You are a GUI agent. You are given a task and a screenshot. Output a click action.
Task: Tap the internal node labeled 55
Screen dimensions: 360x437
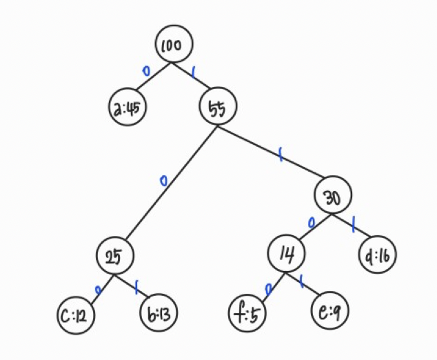[218, 108]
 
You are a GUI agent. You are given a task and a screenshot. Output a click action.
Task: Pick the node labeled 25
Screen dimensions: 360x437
[114, 255]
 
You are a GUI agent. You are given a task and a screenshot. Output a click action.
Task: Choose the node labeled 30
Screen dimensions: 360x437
[333, 198]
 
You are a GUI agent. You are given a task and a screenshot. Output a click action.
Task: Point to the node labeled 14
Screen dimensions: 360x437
[287, 254]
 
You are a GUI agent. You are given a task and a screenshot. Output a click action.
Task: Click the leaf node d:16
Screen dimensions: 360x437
[378, 256]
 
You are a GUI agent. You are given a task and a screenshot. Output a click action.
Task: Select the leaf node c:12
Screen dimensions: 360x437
[76, 316]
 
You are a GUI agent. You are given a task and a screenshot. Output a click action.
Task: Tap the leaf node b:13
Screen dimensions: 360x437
[159, 315]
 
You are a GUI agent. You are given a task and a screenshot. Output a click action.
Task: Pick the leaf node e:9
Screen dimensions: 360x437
[328, 312]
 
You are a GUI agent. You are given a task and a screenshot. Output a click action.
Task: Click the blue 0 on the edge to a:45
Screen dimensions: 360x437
[145, 71]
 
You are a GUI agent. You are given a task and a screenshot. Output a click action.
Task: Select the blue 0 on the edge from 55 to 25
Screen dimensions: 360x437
[163, 181]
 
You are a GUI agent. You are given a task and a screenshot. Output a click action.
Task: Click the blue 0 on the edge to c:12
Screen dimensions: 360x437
[99, 290]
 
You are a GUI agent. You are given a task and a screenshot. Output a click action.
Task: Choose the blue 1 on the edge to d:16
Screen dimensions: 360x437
[354, 223]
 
